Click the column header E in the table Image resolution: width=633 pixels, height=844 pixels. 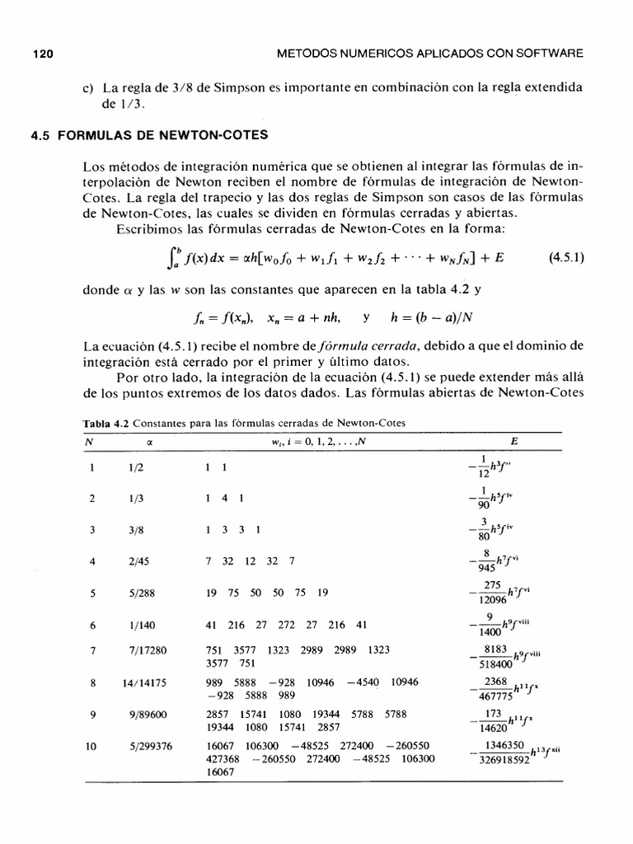coord(514,441)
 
